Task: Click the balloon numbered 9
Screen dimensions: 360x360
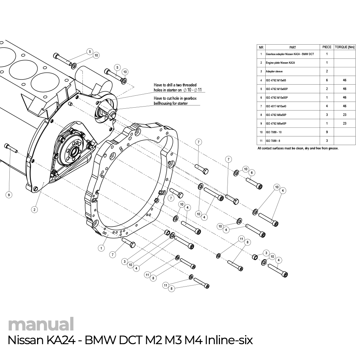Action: pyautogui.click(x=9, y=195)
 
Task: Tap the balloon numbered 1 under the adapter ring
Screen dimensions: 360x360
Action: pyautogui.click(x=102, y=248)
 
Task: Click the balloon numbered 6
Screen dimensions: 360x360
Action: pyautogui.click(x=252, y=172)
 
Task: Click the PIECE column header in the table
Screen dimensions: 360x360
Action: pyautogui.click(x=327, y=47)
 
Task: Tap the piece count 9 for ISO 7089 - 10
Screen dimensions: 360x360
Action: pyautogui.click(x=327, y=132)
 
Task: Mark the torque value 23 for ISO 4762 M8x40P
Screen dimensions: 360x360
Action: pyautogui.click(x=345, y=123)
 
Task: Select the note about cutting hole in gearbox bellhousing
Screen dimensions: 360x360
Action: pyautogui.click(x=176, y=100)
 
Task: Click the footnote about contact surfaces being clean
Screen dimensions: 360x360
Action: pyautogui.click(x=298, y=148)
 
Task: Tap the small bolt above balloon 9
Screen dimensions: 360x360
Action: pyautogui.click(x=11, y=148)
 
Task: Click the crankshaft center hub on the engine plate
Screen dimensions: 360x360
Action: pyautogui.click(x=74, y=151)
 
